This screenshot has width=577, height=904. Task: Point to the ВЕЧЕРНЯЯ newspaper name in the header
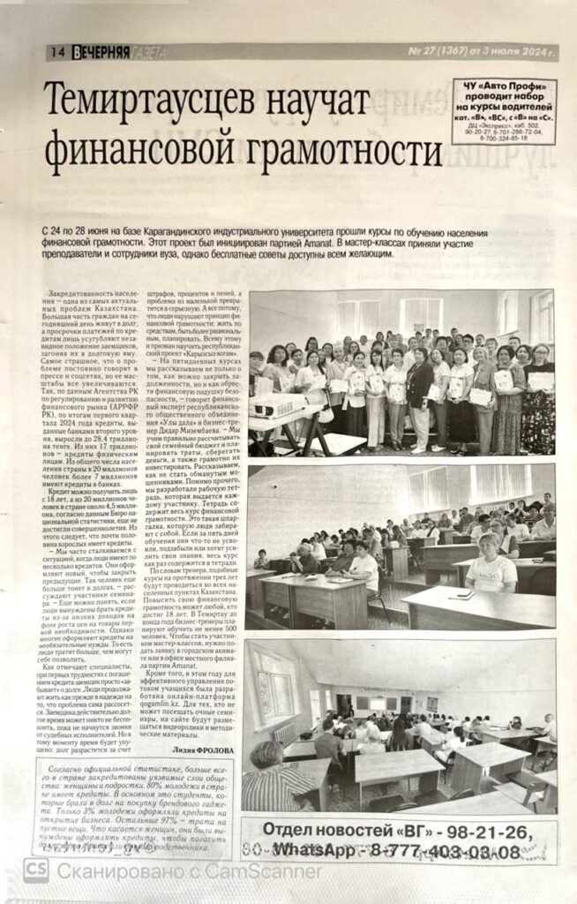(102, 53)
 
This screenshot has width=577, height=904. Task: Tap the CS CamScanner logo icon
(37, 872)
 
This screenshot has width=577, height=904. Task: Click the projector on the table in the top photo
(278, 407)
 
